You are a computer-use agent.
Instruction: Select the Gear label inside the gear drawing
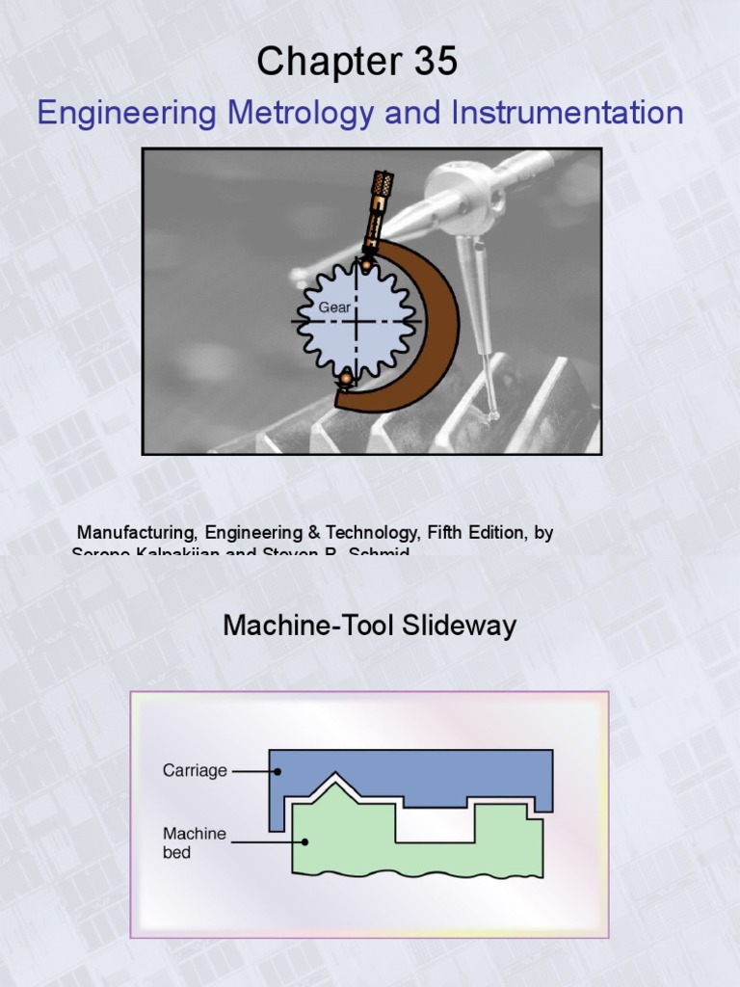333,307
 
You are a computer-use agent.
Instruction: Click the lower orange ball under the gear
345,380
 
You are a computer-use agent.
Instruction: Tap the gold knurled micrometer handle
379,198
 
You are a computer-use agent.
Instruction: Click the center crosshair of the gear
357,321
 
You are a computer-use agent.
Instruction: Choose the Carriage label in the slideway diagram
195,771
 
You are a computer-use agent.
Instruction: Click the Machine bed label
194,842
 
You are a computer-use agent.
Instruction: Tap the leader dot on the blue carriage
277,771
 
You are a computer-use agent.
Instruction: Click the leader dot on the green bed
305,841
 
